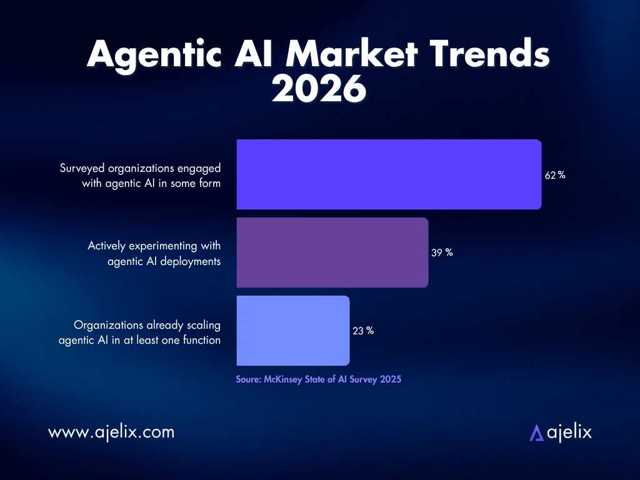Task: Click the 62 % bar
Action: (389, 174)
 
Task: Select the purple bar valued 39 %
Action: (332, 252)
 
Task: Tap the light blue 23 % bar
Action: (292, 331)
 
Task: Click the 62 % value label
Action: (555, 176)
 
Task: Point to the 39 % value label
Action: (442, 253)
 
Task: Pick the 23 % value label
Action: (363, 331)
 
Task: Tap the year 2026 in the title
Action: (319, 89)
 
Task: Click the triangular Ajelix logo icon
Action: (536, 432)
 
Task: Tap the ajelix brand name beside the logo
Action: (569, 432)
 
